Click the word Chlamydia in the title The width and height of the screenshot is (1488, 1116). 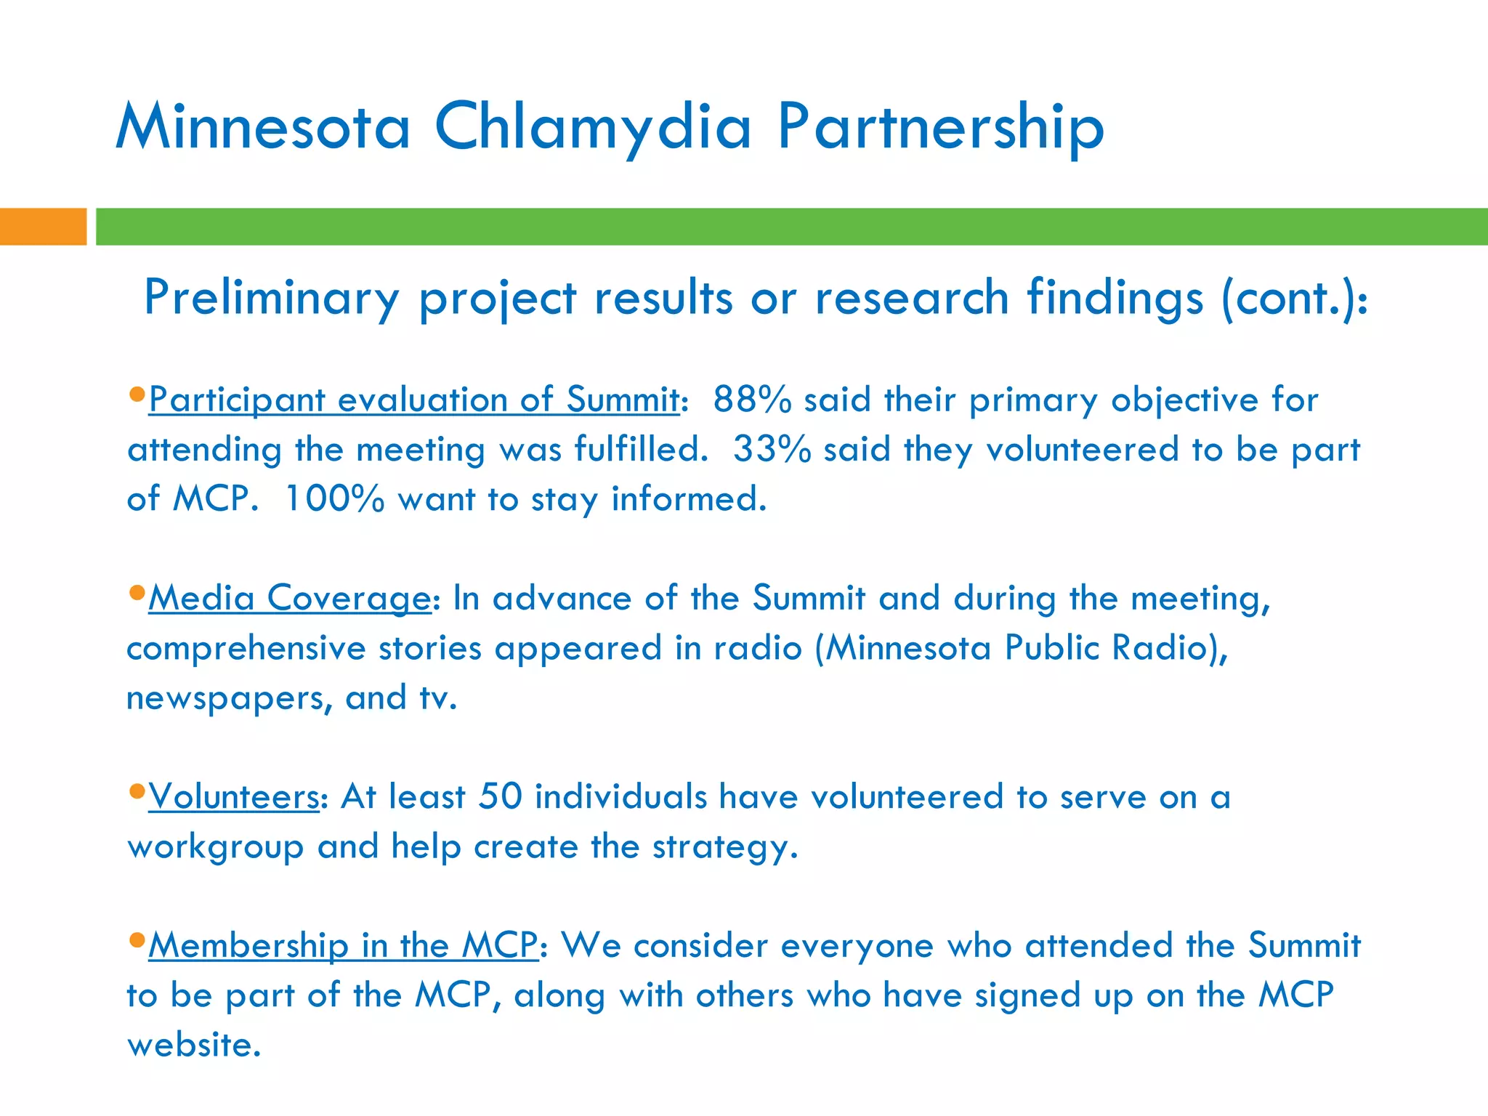(592, 127)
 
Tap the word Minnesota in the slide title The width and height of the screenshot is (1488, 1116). (263, 127)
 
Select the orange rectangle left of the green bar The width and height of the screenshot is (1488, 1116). (43, 226)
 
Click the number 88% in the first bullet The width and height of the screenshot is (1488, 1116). (752, 400)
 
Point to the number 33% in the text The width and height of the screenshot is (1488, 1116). (772, 449)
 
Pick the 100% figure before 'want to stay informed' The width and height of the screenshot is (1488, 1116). (334, 499)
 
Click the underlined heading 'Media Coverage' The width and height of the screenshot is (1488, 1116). (290, 598)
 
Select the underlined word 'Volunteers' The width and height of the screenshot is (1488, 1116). (234, 796)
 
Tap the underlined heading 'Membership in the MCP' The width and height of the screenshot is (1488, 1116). (343, 945)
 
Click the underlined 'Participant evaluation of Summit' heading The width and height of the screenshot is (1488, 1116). (414, 400)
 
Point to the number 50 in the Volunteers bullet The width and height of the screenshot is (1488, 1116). (501, 796)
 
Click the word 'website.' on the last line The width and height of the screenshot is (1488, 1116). (193, 1045)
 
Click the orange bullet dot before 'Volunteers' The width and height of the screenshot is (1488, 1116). (137, 790)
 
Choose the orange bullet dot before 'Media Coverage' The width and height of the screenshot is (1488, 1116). (137, 592)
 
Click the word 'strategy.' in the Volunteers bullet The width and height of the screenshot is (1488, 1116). (725, 847)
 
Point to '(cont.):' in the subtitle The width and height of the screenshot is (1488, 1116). (1295, 298)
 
